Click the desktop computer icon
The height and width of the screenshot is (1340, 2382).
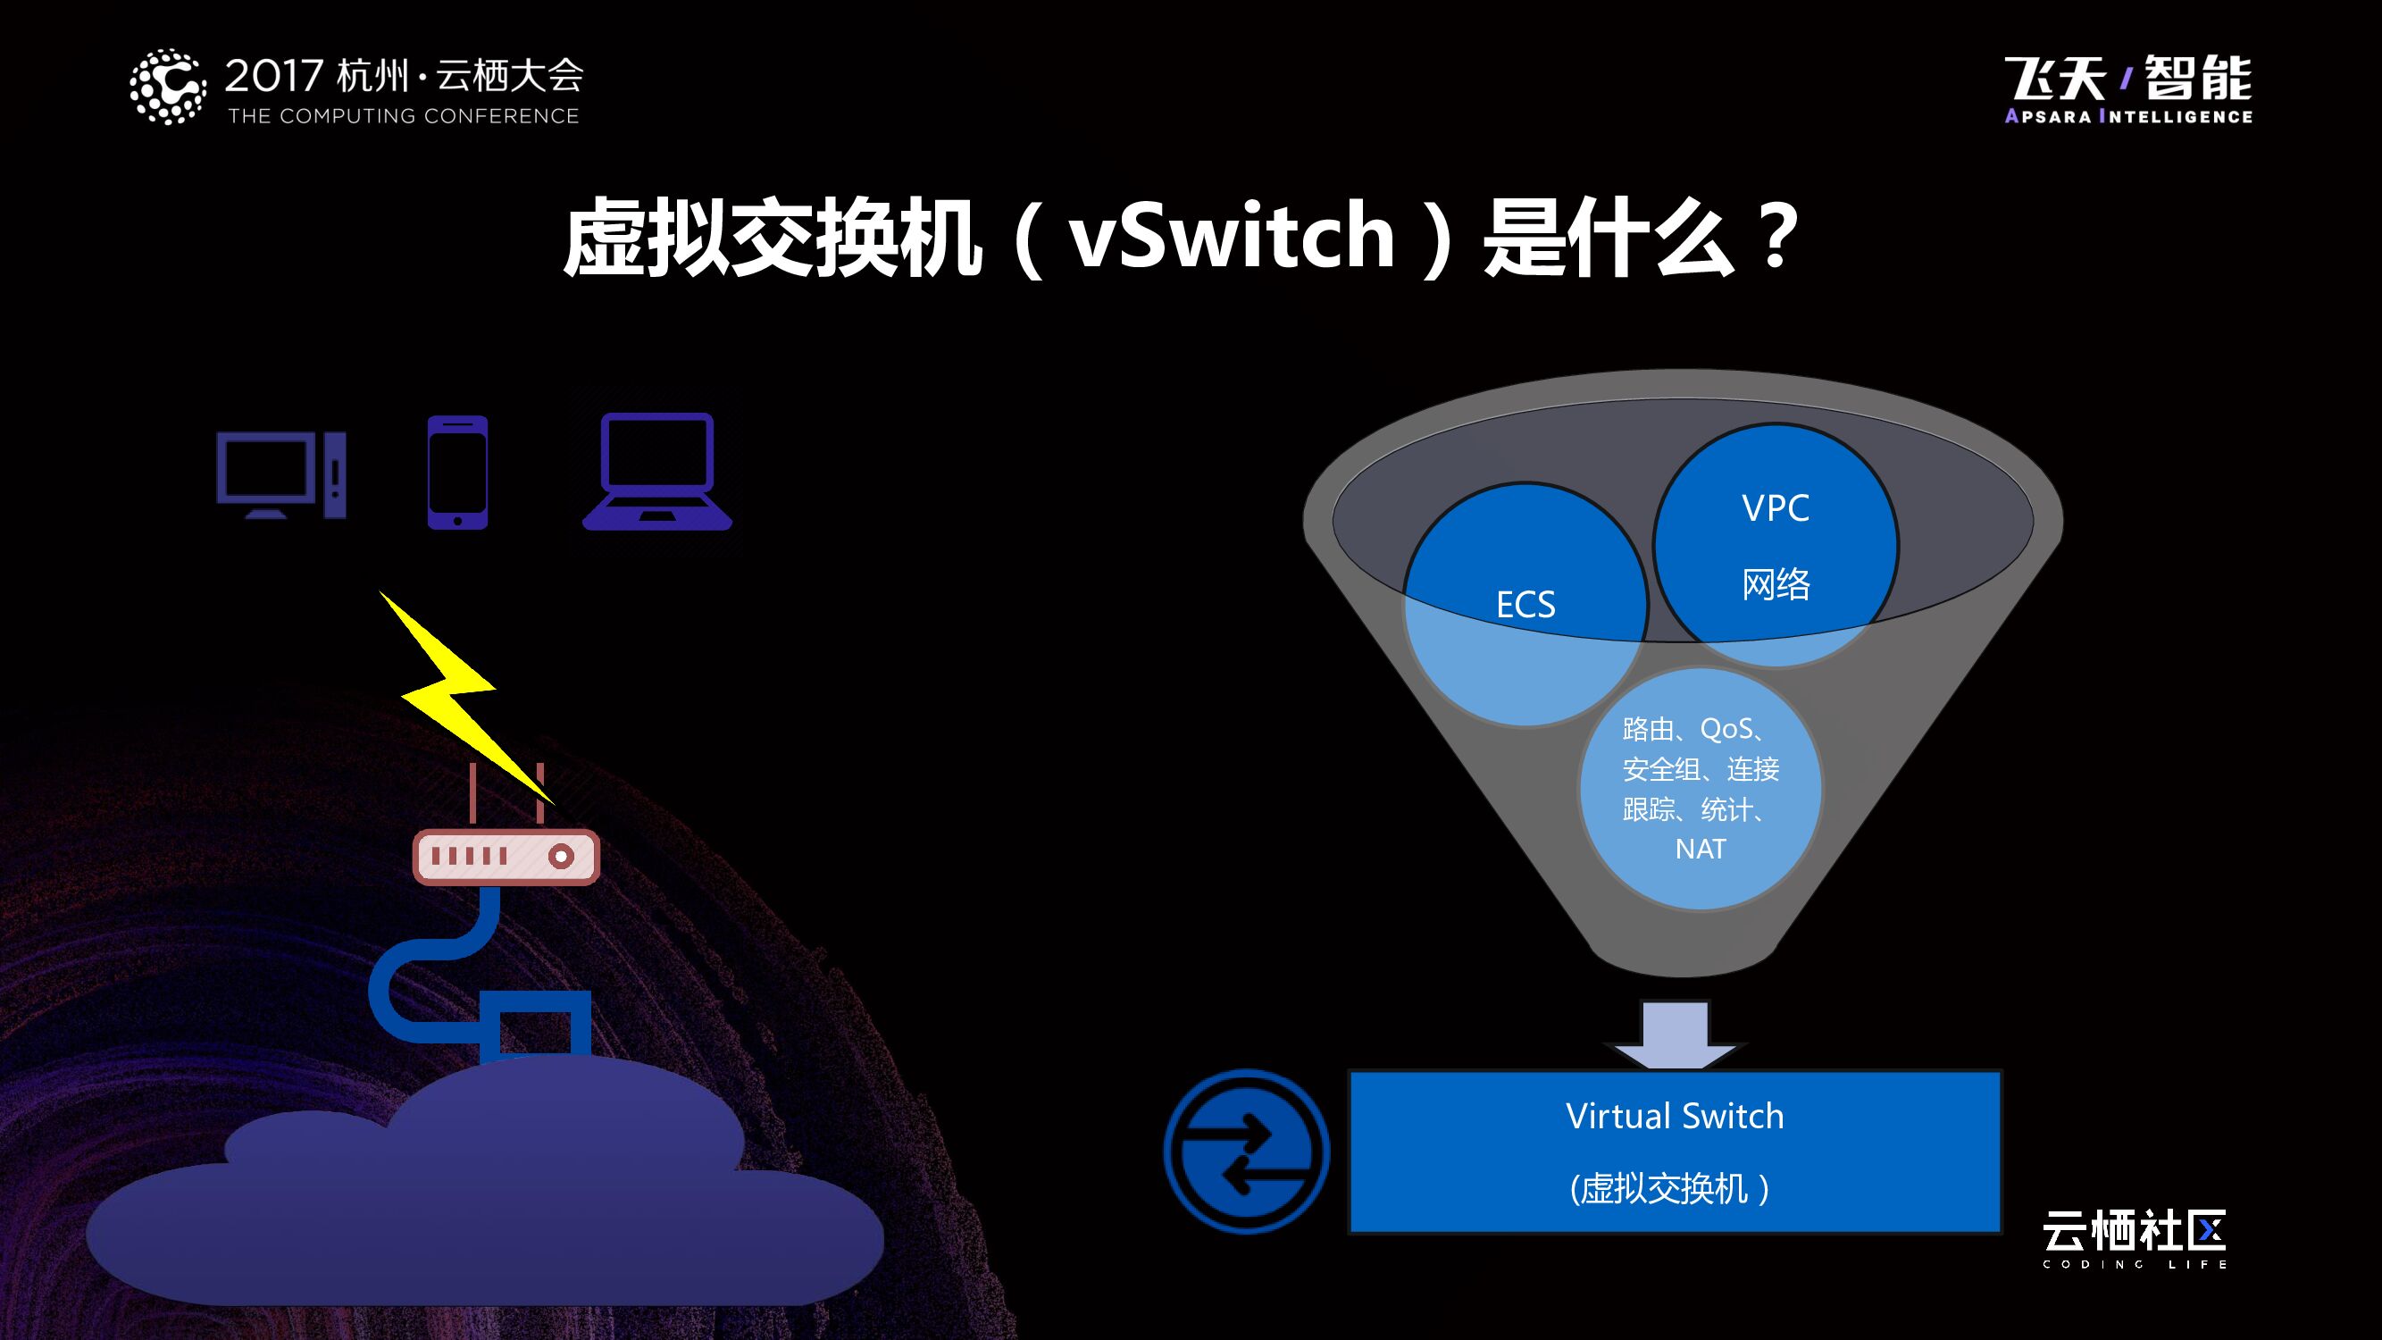[280, 474]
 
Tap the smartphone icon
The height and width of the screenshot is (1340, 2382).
[456, 473]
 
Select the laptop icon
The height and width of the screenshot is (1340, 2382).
[657, 472]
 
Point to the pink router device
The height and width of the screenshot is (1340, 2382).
[506, 857]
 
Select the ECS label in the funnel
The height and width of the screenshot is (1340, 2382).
[1525, 605]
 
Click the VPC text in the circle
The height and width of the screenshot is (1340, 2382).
[1776, 508]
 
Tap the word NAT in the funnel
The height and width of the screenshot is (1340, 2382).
[1700, 849]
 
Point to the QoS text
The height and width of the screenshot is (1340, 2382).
[1726, 730]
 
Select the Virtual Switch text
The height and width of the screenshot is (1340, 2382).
[1675, 1116]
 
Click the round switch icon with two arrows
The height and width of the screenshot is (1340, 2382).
[1247, 1152]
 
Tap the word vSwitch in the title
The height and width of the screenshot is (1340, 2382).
[1231, 237]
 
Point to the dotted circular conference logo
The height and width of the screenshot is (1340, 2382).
[167, 87]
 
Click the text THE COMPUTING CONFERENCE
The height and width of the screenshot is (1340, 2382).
[403, 116]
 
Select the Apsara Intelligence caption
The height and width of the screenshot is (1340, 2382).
[2127, 116]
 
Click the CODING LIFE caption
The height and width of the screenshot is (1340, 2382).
[2135, 1264]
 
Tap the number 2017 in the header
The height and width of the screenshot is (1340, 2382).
[273, 76]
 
